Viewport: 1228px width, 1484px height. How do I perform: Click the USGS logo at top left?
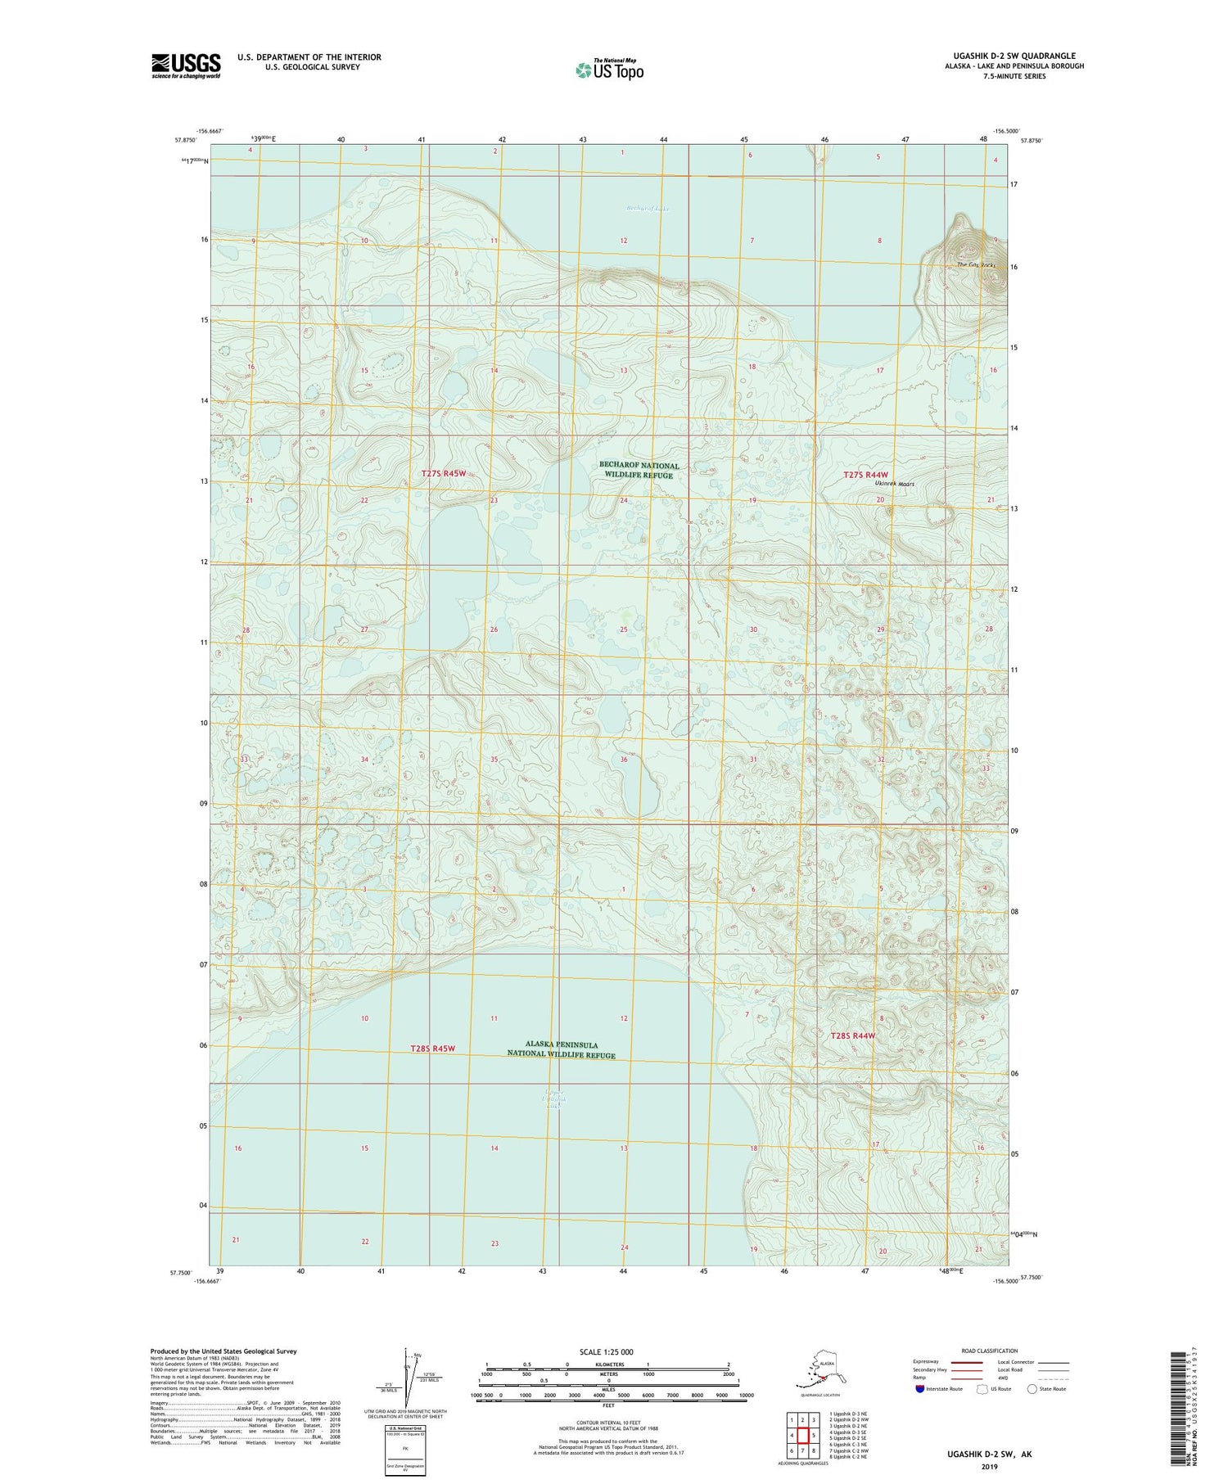pos(186,65)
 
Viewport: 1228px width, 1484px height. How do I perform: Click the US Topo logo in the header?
pos(609,70)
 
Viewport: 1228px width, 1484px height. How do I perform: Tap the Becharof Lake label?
pos(648,209)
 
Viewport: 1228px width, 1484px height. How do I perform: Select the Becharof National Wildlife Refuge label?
pos(641,470)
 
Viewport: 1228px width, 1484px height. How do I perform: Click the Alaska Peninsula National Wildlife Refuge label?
pos(561,1049)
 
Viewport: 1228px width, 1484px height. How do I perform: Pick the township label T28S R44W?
pos(852,1035)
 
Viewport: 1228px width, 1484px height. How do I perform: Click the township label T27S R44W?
pos(865,475)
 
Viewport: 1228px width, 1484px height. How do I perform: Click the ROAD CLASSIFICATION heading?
pos(989,1351)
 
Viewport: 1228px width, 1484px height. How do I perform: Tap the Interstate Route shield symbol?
pos(920,1389)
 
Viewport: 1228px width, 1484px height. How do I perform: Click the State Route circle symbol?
pos(1032,1389)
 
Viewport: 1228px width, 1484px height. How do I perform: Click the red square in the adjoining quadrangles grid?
pos(803,1435)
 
